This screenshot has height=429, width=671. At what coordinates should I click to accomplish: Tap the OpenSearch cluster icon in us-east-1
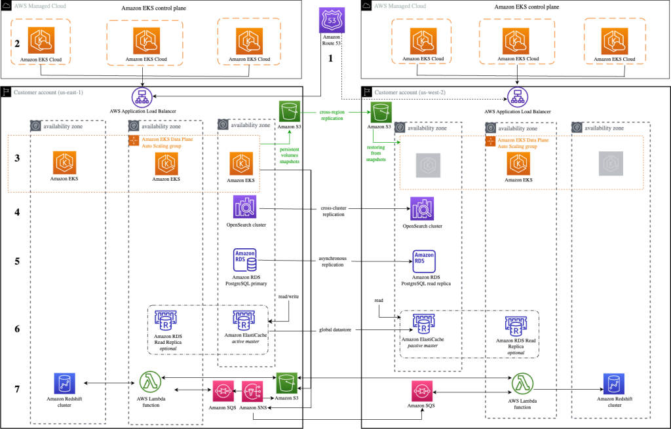245,208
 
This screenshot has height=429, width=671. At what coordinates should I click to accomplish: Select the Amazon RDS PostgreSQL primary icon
244,259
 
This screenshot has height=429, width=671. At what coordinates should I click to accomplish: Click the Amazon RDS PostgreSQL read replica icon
423,261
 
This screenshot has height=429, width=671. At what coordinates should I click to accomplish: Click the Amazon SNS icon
254,392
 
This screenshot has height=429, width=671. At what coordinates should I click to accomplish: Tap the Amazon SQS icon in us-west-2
423,392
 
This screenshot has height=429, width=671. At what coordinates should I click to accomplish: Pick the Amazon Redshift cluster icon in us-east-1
65,384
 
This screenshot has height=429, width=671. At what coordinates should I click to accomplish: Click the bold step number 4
18,213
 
